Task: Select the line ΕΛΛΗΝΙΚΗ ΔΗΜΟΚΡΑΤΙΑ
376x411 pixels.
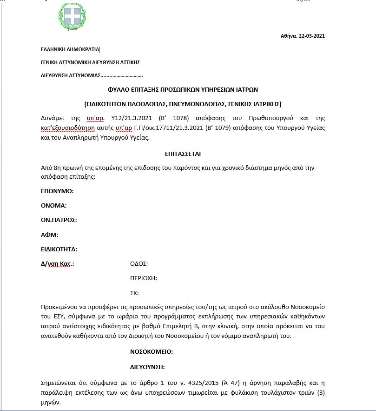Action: click(70, 49)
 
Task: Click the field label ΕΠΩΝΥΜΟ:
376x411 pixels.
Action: click(58, 191)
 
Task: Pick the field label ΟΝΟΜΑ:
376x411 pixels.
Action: click(54, 205)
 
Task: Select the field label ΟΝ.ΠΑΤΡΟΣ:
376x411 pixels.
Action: click(59, 220)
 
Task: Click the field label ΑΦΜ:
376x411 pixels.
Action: click(50, 235)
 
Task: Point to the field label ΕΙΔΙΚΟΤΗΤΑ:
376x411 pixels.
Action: click(59, 249)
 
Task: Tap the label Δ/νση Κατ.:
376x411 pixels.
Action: click(58, 264)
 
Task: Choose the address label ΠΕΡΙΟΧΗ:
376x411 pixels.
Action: click(143, 278)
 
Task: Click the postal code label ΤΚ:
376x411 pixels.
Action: click(134, 293)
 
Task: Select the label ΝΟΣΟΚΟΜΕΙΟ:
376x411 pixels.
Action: click(152, 351)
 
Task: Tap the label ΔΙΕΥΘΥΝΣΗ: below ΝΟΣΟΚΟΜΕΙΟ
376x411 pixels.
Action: click(148, 367)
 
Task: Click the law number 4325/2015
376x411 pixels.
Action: click(199, 383)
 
